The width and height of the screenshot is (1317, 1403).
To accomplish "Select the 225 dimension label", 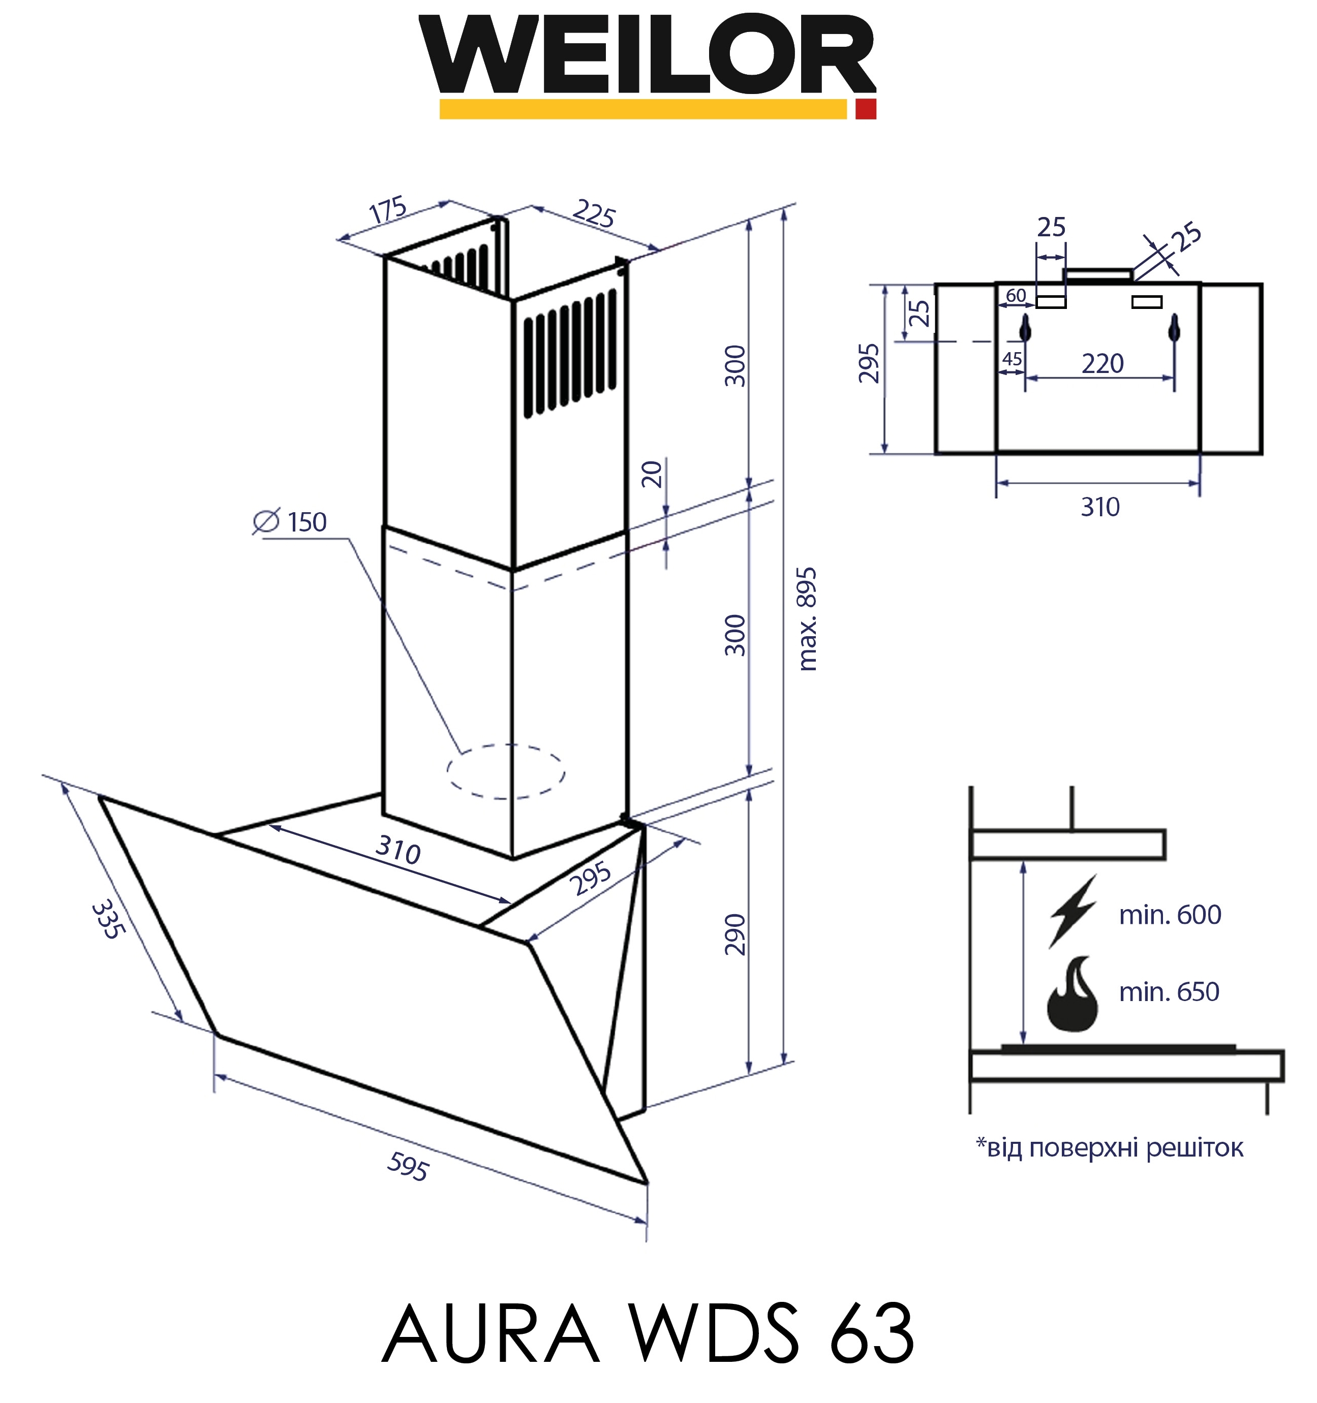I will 594,213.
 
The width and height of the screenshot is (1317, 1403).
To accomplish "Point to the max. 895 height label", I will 807,618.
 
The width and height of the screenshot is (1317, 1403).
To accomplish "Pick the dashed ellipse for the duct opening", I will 505,771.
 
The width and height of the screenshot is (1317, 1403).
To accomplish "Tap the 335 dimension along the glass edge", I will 108,918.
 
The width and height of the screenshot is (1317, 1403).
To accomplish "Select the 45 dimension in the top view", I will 1012,359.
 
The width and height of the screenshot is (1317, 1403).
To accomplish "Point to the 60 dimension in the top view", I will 1016,295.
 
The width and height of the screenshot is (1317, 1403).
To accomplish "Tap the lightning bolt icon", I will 1072,911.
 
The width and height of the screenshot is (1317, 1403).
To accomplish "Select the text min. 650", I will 1169,992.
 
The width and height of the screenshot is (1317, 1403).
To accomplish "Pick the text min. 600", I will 1170,915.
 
